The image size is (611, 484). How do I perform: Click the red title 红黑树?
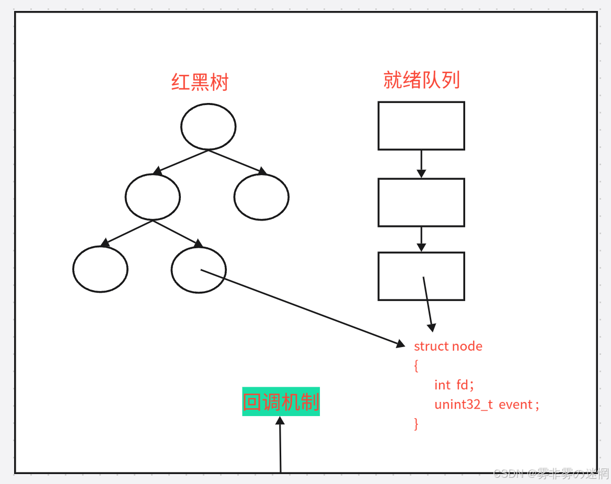coord(200,82)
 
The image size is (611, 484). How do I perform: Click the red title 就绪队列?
coord(421,80)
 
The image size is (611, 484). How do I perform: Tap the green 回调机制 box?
coord(281,401)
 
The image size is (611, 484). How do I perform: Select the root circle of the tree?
coord(208,126)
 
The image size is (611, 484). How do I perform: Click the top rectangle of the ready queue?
coord(421,126)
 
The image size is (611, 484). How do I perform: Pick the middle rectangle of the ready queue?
coord(421,202)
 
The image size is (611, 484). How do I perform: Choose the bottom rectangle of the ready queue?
coord(421,276)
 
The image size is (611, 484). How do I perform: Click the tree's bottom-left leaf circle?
coord(100,269)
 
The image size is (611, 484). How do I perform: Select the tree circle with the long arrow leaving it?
coord(199,270)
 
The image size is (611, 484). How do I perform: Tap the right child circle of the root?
coord(261,197)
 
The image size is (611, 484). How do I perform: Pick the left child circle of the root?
coord(153,197)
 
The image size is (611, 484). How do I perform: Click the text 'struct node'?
coord(448,346)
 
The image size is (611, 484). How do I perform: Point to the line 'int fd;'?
coord(454,385)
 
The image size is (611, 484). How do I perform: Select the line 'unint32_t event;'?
coord(486,405)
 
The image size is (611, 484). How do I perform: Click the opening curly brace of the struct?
coord(416,365)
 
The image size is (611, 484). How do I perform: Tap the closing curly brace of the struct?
coord(416,423)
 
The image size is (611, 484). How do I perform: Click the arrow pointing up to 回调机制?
coord(280,444)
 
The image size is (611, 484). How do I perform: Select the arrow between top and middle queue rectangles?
coord(421,164)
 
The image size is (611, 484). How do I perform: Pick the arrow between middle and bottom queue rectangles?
coord(421,239)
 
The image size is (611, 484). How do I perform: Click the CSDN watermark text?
coord(551,474)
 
